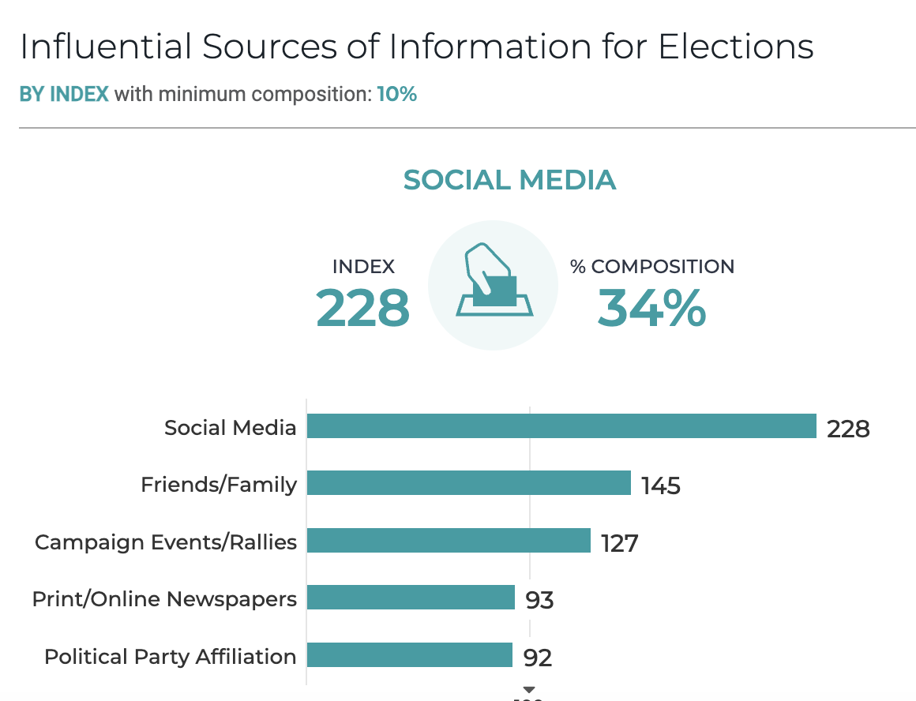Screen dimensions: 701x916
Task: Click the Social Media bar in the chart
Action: (x=561, y=426)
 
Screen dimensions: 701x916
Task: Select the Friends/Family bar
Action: (x=468, y=483)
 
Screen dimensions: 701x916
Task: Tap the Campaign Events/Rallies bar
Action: (x=449, y=541)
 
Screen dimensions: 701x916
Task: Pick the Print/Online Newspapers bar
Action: (x=411, y=598)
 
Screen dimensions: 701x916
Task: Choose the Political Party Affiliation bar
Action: (x=410, y=655)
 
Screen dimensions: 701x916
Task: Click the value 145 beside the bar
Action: (x=661, y=485)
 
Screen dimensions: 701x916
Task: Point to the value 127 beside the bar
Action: (x=619, y=543)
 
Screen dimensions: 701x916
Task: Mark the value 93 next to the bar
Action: (x=539, y=600)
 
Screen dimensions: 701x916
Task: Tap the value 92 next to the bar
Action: (x=537, y=658)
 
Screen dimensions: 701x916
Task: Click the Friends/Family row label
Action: (x=219, y=484)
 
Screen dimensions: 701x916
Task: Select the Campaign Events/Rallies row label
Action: (x=166, y=542)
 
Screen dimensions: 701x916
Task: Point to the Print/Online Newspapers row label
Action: (x=164, y=599)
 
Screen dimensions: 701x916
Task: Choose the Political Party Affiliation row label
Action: (x=171, y=656)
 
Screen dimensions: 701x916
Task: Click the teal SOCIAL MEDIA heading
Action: (x=509, y=180)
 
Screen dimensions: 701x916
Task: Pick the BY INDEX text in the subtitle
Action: (x=64, y=95)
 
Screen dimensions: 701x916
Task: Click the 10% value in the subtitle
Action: (x=396, y=95)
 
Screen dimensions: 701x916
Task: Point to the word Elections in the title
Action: (x=736, y=47)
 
